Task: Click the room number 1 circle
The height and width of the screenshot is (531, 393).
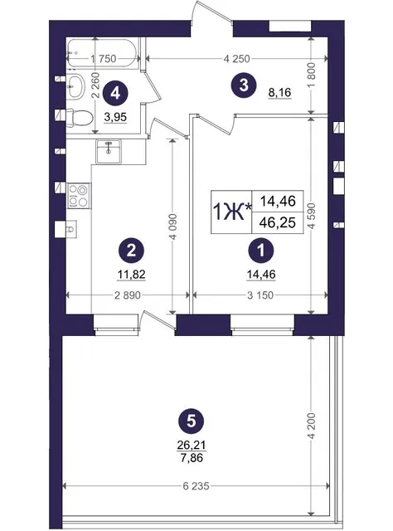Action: click(x=261, y=251)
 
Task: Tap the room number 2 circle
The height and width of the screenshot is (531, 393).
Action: click(x=131, y=251)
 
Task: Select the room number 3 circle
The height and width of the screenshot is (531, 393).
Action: click(x=244, y=85)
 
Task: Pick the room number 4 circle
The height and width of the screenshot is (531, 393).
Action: click(x=115, y=93)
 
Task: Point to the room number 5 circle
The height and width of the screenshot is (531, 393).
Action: click(x=192, y=422)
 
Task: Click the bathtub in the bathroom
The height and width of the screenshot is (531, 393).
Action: click(x=101, y=53)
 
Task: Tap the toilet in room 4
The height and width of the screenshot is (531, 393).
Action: click(x=80, y=118)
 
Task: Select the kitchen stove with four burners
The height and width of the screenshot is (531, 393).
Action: click(x=79, y=195)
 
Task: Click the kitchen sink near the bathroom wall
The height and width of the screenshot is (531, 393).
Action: click(x=109, y=151)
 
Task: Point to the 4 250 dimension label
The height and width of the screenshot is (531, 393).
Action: click(x=236, y=59)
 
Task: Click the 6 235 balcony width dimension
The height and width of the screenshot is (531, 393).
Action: click(x=196, y=486)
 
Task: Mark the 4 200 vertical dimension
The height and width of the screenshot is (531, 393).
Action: click(x=312, y=426)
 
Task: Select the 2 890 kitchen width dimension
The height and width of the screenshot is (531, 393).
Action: click(x=128, y=295)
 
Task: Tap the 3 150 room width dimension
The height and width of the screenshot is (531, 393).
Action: click(x=260, y=295)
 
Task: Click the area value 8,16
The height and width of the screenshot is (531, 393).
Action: click(x=279, y=92)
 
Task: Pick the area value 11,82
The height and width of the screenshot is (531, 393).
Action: click(x=131, y=275)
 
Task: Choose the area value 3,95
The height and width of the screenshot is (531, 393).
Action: click(x=115, y=117)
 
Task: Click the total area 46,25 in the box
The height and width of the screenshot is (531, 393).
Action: click(x=278, y=222)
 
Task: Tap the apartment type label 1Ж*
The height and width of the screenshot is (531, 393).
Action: click(x=232, y=212)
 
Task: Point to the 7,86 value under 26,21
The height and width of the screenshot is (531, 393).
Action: click(x=192, y=458)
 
